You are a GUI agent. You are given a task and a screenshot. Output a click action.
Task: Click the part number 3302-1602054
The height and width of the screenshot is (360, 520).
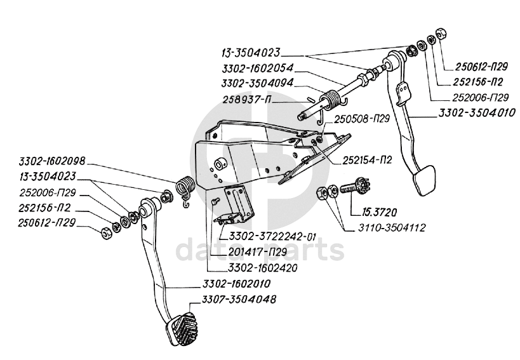pyautogui.click(x=257, y=69)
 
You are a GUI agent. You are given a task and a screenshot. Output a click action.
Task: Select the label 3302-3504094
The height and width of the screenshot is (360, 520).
pyautogui.click(x=257, y=83)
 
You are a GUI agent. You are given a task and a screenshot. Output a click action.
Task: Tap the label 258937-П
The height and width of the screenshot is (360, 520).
pyautogui.click(x=247, y=99)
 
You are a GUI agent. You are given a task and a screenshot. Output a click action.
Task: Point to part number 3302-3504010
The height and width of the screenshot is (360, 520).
pyautogui.click(x=477, y=112)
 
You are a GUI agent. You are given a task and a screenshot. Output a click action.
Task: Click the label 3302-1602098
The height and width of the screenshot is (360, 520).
pyautogui.click(x=52, y=161)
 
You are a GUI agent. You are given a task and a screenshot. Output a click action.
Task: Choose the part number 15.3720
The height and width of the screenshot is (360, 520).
pyautogui.click(x=374, y=212)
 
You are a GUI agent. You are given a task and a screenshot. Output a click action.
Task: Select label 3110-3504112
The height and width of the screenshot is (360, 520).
pyautogui.click(x=391, y=228)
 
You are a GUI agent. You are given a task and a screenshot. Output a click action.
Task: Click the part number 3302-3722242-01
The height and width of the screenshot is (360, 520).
pyautogui.click(x=272, y=237)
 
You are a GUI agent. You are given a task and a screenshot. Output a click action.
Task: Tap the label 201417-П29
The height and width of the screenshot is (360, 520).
pyautogui.click(x=257, y=252)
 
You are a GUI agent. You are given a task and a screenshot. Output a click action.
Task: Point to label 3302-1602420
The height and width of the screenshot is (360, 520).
pyautogui.click(x=263, y=267)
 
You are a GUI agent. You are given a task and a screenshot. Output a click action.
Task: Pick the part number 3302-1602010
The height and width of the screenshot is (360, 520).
pyautogui.click(x=236, y=284)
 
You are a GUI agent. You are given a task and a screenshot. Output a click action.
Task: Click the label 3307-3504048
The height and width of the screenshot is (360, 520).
pyautogui.click(x=239, y=299)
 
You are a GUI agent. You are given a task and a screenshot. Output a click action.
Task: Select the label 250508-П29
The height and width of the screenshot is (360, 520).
pyautogui.click(x=361, y=119)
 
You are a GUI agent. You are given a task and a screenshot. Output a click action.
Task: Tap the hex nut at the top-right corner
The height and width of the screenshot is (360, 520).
pyautogui.click(x=441, y=33)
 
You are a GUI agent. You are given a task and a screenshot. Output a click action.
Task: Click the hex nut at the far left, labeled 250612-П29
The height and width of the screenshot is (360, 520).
pyautogui.click(x=107, y=234)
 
